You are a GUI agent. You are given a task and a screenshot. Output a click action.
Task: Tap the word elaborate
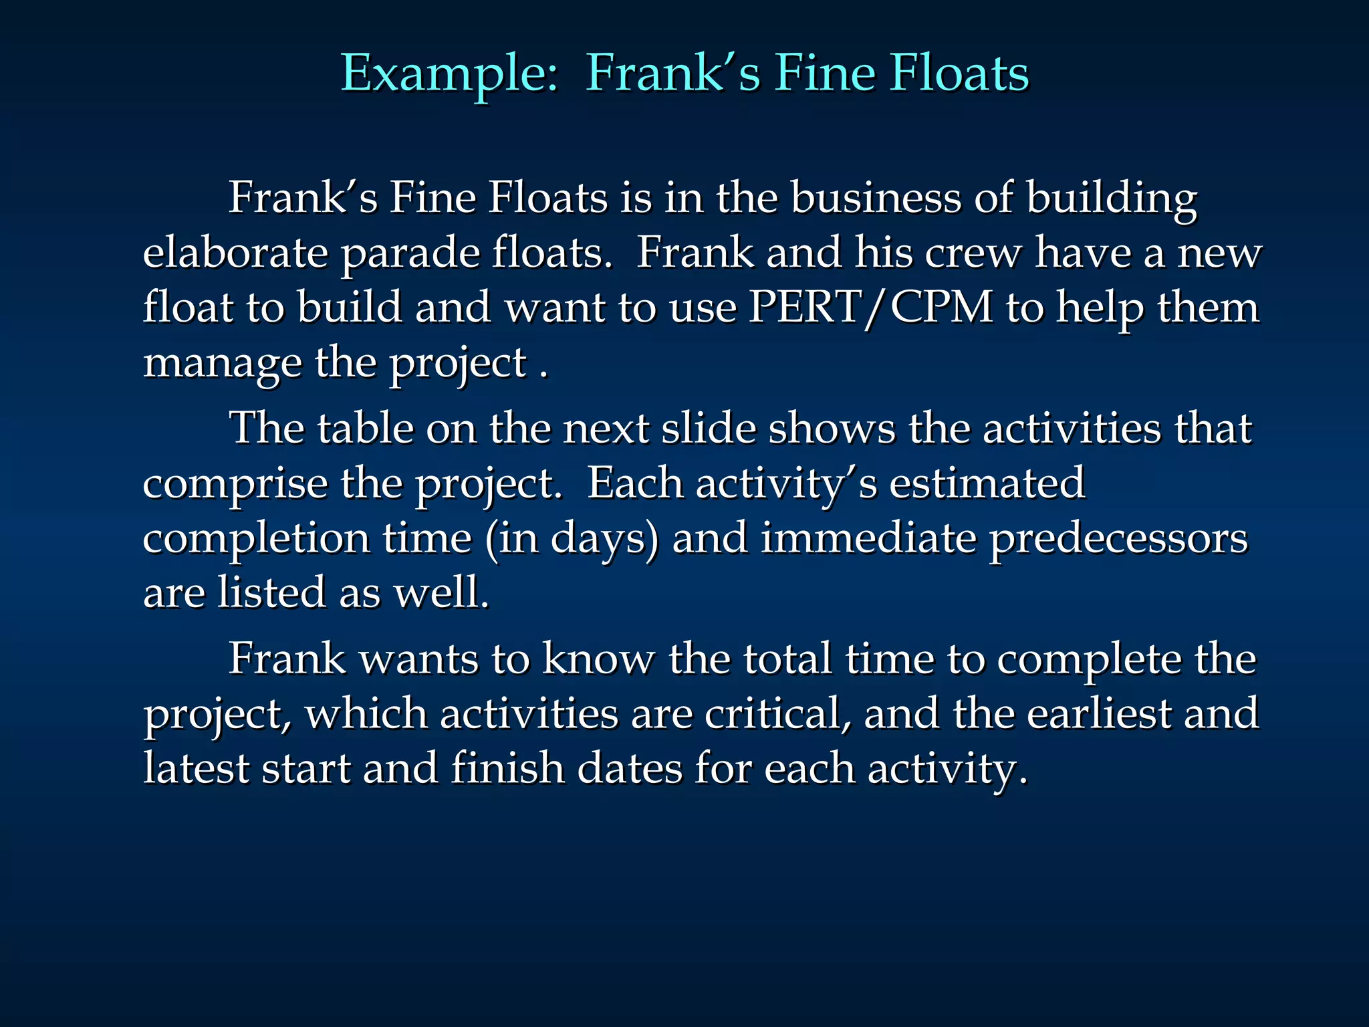click(235, 253)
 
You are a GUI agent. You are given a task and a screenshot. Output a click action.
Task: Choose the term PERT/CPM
click(871, 308)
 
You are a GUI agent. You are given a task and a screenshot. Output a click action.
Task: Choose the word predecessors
click(1118, 540)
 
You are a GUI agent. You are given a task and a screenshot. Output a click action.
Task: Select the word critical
click(778, 714)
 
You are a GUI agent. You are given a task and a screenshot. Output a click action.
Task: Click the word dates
click(629, 768)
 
